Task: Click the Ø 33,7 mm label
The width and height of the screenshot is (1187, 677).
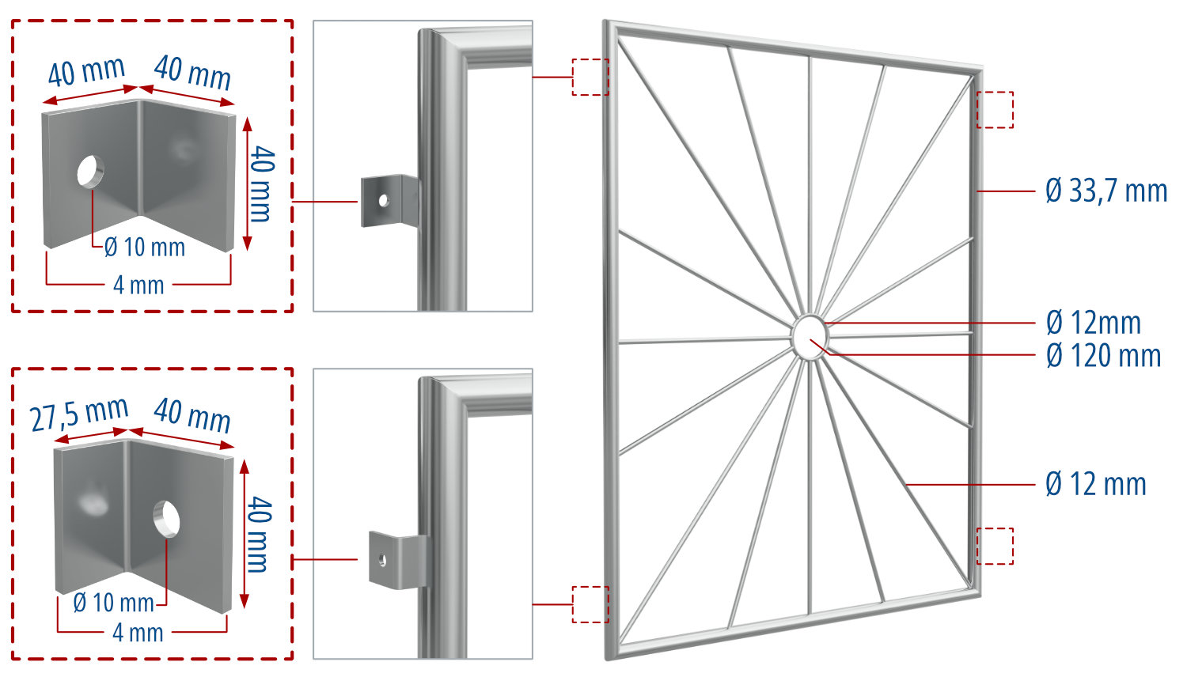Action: [1105, 191]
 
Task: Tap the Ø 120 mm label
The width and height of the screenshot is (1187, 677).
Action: [1103, 356]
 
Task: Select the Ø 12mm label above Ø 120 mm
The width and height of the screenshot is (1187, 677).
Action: [1093, 323]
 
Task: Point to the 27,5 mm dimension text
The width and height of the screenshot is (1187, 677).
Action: [79, 414]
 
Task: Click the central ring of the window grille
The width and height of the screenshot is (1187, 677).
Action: [809, 337]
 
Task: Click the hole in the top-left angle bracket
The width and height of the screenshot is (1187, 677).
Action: [90, 171]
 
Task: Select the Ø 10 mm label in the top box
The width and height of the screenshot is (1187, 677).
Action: [144, 248]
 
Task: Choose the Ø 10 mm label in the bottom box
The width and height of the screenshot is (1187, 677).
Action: [113, 603]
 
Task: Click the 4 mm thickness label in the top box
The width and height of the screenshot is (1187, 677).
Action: [138, 285]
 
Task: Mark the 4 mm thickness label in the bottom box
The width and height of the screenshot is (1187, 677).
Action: [138, 633]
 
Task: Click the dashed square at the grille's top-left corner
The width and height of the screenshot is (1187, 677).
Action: [590, 77]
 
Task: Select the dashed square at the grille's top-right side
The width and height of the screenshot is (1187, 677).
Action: [995, 110]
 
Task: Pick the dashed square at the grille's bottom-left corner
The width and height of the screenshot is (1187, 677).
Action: [590, 604]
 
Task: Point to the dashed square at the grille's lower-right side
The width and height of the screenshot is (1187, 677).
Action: [995, 546]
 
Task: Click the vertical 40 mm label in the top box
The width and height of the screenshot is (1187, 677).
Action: [261, 183]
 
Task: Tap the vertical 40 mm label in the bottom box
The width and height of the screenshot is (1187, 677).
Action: [259, 535]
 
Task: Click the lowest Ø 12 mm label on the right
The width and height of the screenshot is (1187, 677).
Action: [1095, 484]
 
